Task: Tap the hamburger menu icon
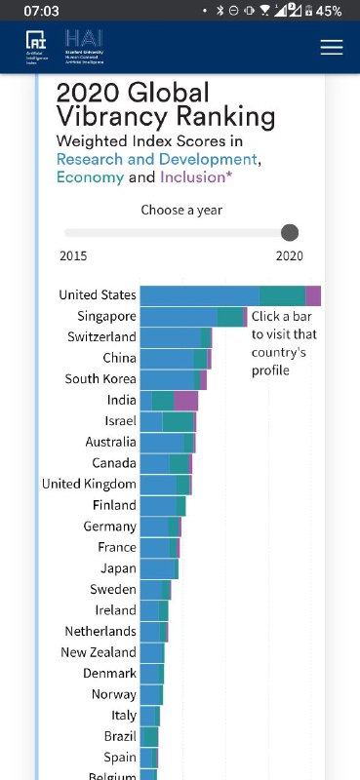pyautogui.click(x=332, y=47)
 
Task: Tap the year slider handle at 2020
pyautogui.click(x=289, y=232)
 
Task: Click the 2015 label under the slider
pyautogui.click(x=73, y=255)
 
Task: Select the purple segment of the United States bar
pyautogui.click(x=313, y=295)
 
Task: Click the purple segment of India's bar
pyautogui.click(x=185, y=400)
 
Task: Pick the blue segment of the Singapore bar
pyautogui.click(x=179, y=317)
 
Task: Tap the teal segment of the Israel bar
pyautogui.click(x=178, y=421)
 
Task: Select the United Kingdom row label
pyautogui.click(x=89, y=485)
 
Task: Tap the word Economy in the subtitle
pyautogui.click(x=90, y=177)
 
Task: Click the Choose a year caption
pyautogui.click(x=181, y=210)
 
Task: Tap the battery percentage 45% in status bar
pyautogui.click(x=329, y=11)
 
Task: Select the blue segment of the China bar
pyautogui.click(x=167, y=359)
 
